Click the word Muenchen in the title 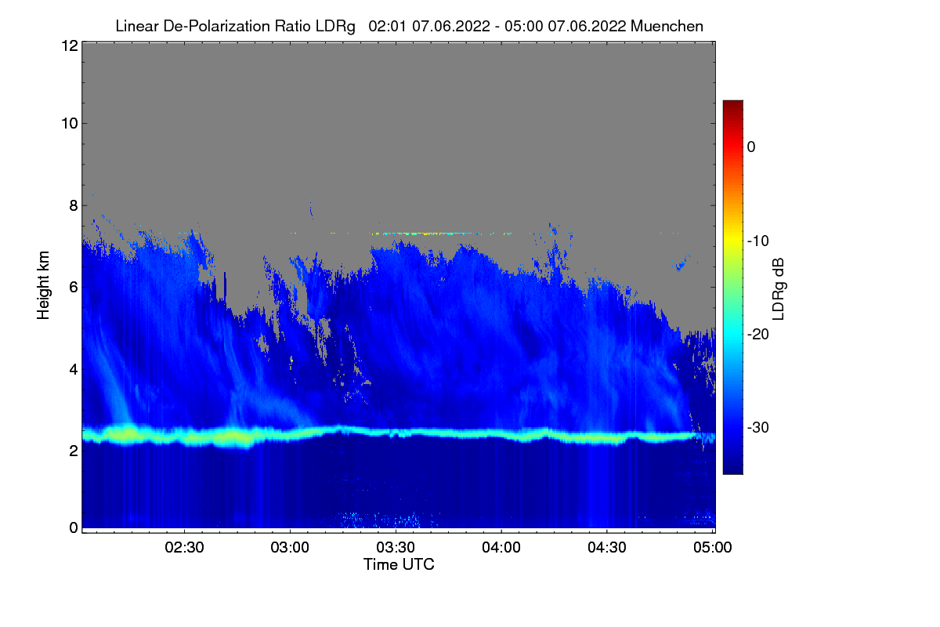(x=667, y=26)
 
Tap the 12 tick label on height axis (x=70, y=45)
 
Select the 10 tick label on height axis (x=70, y=124)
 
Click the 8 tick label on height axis (x=74, y=205)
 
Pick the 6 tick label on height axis (x=74, y=288)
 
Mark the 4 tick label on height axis (x=74, y=370)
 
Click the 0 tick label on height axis (x=74, y=527)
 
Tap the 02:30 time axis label (x=184, y=547)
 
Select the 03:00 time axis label (x=290, y=547)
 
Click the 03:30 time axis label (x=396, y=547)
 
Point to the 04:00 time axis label (x=501, y=547)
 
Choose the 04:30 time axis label (x=607, y=547)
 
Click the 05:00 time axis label (x=713, y=547)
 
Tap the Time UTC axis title (x=399, y=564)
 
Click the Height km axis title (x=43, y=285)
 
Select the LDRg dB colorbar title (x=779, y=289)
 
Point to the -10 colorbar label (x=758, y=241)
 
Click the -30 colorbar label (x=758, y=427)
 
